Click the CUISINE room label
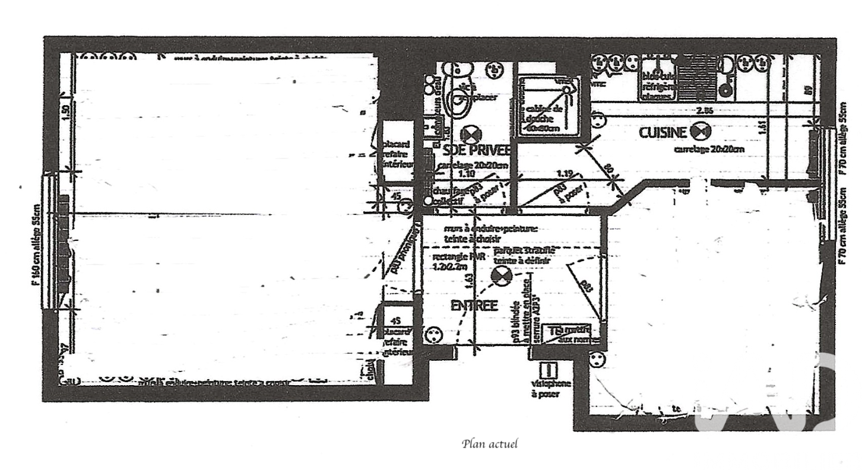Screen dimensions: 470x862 pos(663,133)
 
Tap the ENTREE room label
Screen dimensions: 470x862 pos(474,306)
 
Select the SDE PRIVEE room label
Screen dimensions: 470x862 pos(473,151)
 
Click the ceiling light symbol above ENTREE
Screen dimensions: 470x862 pos(500,275)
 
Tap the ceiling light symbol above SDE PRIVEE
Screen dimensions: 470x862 pos(470,134)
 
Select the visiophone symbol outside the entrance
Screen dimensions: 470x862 pos(550,370)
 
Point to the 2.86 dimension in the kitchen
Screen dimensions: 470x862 pos(705,111)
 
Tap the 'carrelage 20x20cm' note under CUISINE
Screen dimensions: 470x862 pos(709,150)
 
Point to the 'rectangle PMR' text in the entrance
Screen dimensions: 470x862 pos(458,262)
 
